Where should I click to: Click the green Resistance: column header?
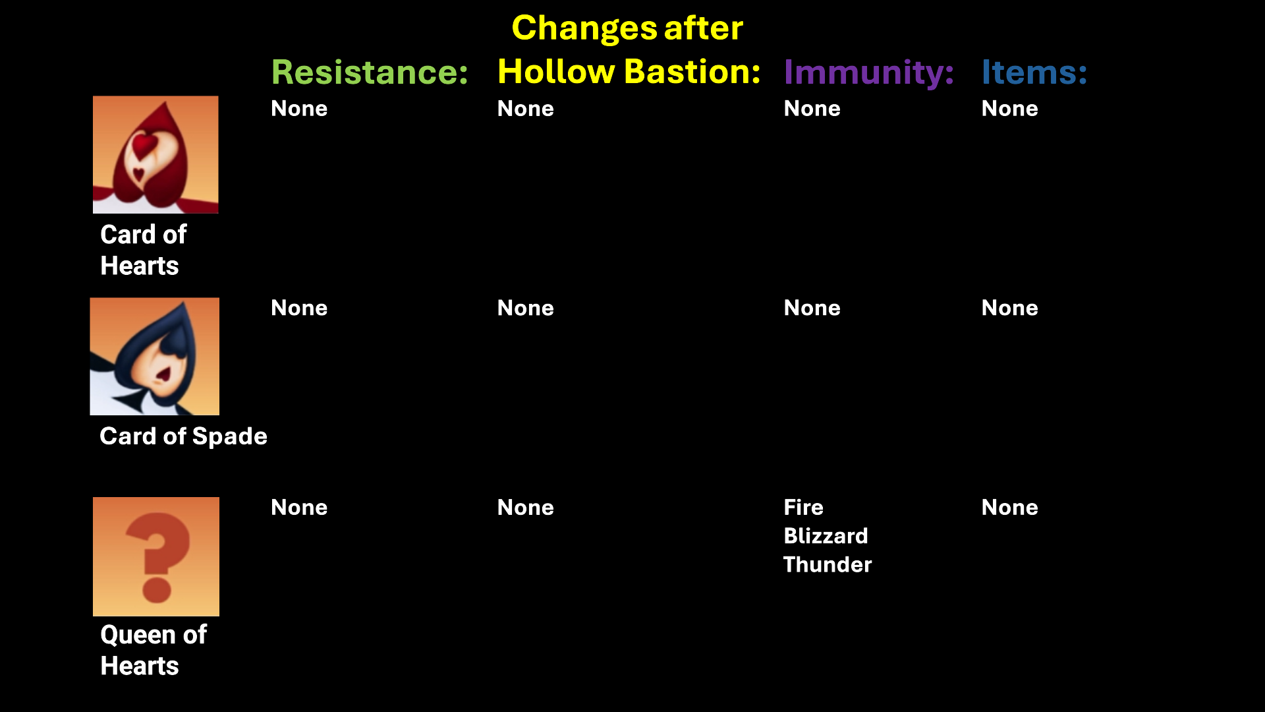pos(370,72)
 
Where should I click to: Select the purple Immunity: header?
pos(869,73)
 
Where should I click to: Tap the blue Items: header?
pos(1034,72)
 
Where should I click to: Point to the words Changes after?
pos(627,28)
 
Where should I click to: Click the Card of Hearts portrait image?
pos(155,154)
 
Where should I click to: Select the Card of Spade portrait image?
pos(155,356)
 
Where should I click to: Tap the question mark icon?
pos(156,556)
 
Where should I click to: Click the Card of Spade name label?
pos(183,436)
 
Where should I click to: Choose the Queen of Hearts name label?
pos(154,650)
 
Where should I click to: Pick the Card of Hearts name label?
pos(143,250)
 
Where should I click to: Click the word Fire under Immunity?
pos(804,507)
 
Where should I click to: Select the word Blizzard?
pos(826,536)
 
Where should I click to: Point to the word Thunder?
pos(828,565)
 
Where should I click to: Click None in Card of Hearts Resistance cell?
pos(299,109)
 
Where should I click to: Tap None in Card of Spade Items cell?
pos(1010,308)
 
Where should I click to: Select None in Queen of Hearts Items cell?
pos(1010,507)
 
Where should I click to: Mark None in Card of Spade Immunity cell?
pos(812,308)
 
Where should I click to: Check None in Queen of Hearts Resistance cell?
pos(299,507)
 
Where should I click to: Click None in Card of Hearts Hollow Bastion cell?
pos(526,109)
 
